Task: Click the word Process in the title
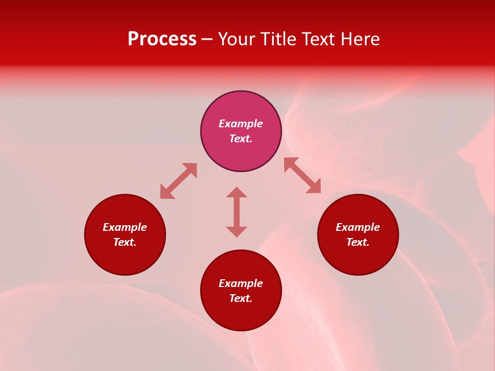[x=162, y=39]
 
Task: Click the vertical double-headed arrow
[x=237, y=212]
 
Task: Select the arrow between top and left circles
[x=178, y=181]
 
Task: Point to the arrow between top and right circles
[x=302, y=175]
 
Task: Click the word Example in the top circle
[x=241, y=124]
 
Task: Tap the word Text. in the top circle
[x=241, y=139]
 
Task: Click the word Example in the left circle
[x=125, y=227]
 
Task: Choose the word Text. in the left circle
[x=125, y=242]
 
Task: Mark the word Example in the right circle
[x=358, y=227]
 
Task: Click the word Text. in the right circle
[x=358, y=242]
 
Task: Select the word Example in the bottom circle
[x=241, y=283]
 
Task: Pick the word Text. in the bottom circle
[x=241, y=298]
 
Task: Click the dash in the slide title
[x=207, y=40]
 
